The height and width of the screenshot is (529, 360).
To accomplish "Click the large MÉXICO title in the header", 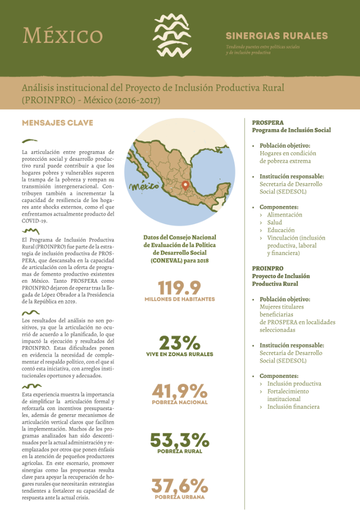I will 63,35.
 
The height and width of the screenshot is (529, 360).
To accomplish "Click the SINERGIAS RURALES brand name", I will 276,36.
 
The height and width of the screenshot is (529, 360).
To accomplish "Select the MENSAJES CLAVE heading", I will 57,123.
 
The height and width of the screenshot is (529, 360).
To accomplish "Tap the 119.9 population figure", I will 179,288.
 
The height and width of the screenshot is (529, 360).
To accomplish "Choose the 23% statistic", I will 179,343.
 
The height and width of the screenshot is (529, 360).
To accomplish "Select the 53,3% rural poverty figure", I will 179,440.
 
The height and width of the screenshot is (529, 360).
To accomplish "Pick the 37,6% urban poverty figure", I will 179,486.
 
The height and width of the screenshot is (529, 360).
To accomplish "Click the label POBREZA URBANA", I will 179,497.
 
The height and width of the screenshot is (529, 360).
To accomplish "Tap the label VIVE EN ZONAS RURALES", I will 179,354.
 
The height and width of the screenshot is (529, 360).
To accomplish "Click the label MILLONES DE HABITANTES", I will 179,299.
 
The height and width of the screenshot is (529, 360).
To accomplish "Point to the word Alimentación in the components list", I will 285,215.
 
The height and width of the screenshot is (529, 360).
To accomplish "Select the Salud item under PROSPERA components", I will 275,222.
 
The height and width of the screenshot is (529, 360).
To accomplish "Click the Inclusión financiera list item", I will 293,407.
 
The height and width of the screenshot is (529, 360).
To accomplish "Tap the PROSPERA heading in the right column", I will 268,122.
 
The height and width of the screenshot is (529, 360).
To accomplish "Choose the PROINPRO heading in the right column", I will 268,269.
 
